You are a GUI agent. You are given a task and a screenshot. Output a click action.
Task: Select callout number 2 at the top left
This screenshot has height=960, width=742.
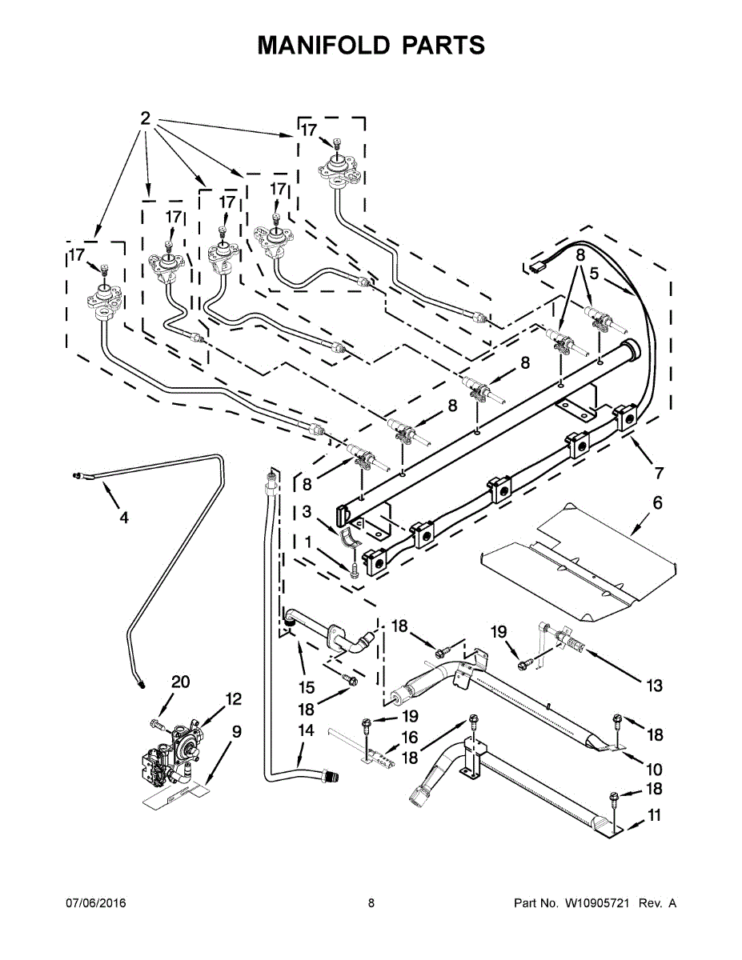coord(145,118)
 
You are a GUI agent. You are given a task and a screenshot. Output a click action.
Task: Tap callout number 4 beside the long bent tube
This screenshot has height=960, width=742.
coord(123,518)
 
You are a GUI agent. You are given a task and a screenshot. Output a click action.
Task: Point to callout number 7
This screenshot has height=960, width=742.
coord(659,473)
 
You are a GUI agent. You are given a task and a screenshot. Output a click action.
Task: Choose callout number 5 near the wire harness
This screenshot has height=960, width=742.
coord(594,273)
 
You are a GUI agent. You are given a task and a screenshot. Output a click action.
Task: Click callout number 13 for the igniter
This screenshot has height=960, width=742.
coord(654,685)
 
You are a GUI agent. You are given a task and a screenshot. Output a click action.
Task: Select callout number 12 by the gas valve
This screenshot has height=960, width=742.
coord(232,698)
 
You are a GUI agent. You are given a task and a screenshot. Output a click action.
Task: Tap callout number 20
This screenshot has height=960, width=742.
coord(181,682)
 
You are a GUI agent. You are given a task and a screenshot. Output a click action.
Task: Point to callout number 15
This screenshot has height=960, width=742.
coord(306,686)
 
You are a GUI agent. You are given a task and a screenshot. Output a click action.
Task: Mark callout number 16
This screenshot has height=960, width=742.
coord(409,737)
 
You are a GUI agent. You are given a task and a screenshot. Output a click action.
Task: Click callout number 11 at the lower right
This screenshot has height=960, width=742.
coord(655,818)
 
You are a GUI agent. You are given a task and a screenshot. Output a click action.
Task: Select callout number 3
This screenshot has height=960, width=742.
coord(307,512)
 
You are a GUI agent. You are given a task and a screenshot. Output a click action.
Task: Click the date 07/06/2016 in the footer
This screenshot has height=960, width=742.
coord(94,903)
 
